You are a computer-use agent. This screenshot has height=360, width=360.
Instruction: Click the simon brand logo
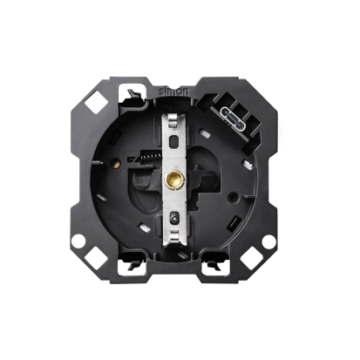tap(173, 91)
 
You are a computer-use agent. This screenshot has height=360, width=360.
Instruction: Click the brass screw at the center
tap(173, 180)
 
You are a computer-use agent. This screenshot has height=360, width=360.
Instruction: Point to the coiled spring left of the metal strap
tap(149, 158)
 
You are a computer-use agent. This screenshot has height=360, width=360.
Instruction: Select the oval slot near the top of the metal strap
tap(173, 142)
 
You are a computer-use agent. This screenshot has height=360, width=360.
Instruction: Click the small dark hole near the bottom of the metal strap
tap(173, 219)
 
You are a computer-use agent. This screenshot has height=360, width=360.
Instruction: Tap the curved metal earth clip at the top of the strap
tap(173, 120)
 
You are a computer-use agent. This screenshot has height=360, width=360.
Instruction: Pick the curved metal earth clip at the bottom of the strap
tap(173, 236)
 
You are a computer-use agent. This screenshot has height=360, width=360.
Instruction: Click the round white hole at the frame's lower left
tap(78, 241)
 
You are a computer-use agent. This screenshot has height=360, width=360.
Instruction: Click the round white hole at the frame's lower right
tap(268, 241)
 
